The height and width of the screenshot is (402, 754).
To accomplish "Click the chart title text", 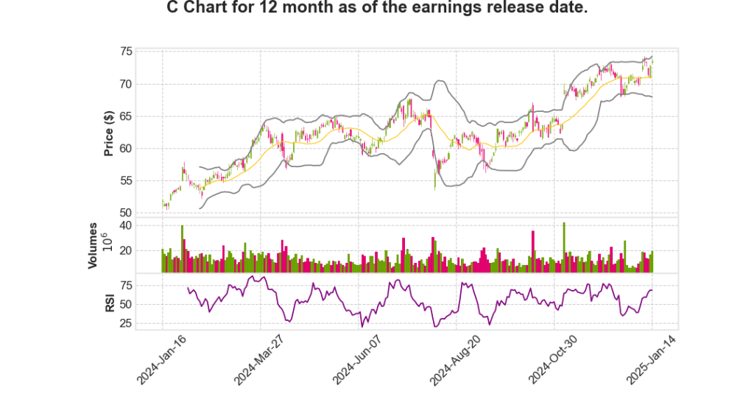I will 376,10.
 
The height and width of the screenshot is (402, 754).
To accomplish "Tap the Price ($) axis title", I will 108,133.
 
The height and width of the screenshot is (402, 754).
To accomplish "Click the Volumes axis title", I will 93,244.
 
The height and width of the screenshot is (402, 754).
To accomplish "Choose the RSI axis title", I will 109,303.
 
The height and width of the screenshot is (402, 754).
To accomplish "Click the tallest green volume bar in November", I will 564,247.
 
